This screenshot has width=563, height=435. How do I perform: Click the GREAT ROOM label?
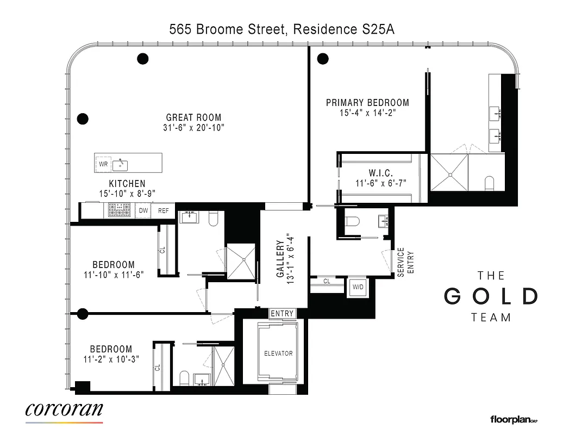[x=193, y=117]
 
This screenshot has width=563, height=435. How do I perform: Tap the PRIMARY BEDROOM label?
[x=367, y=102]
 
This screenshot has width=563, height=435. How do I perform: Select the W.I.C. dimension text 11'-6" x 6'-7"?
[x=380, y=183]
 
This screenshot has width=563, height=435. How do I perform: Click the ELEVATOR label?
[x=278, y=353]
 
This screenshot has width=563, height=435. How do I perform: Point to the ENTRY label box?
[x=282, y=314]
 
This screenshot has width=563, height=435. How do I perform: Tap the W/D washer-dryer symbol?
[x=358, y=287]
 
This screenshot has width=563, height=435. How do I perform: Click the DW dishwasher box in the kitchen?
[x=143, y=210]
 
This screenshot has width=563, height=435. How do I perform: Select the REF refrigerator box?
[x=163, y=210]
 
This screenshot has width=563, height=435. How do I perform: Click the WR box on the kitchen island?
[x=103, y=163]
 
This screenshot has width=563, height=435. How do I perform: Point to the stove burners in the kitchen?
[x=119, y=210]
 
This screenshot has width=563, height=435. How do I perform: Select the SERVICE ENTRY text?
[x=405, y=262]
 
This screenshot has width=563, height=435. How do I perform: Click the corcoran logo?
[x=64, y=409]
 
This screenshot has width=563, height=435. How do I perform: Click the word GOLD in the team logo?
[x=491, y=296]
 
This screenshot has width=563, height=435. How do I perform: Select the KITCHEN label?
[x=127, y=184]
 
